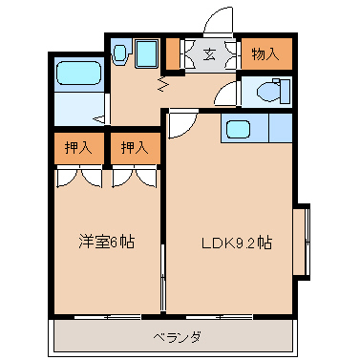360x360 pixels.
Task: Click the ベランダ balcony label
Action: tap(177, 337)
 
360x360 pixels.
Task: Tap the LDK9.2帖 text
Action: tap(237, 244)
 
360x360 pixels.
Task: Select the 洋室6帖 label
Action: tap(106, 242)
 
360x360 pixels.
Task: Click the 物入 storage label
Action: tap(265, 54)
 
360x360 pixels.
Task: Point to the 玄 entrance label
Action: tap(209, 54)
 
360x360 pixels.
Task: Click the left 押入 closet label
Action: tap(78, 148)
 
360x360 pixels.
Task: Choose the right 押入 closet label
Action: tap(135, 148)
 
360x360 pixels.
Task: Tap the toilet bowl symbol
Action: tap(273, 91)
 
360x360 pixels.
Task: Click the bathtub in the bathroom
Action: tap(78, 73)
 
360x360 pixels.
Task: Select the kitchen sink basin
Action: tap(238, 129)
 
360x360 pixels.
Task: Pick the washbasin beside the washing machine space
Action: tap(120, 53)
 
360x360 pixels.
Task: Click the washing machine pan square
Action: tap(146, 53)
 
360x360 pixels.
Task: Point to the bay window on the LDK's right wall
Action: tap(302, 242)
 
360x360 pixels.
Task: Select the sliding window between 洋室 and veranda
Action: tap(108, 317)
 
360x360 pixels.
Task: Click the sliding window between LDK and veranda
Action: tap(220, 317)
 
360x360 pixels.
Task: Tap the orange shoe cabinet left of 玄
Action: tap(173, 53)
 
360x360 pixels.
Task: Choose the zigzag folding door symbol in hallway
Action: tap(163, 84)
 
